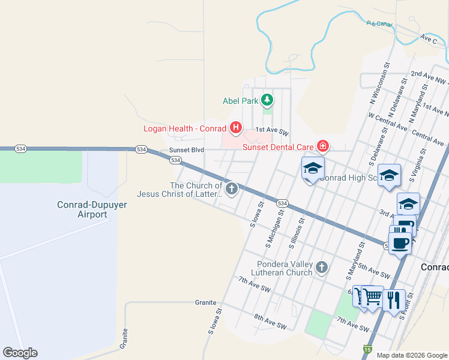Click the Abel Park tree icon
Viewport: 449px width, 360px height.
coord(267,101)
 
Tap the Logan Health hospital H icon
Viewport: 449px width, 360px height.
coord(236,128)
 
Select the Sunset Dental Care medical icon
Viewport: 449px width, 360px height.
coord(322,146)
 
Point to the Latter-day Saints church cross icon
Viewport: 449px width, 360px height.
coord(231,190)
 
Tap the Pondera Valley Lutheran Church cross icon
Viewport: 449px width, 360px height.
coord(322,268)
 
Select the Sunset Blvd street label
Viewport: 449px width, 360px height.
coord(187,150)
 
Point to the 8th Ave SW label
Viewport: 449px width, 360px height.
coord(270,321)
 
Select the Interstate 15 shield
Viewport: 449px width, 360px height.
coord(367,349)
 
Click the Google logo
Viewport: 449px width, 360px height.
coord(20,353)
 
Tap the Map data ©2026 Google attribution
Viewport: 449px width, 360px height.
coord(412,355)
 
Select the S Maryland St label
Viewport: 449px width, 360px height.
coord(355,261)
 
